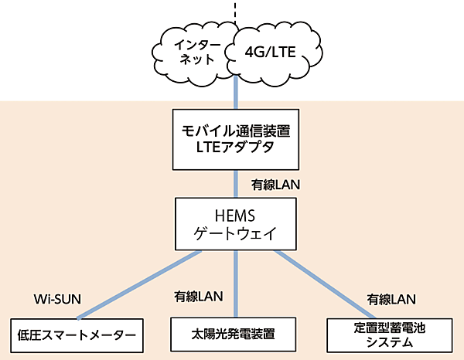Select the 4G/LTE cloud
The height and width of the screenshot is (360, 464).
pyautogui.click(x=271, y=53)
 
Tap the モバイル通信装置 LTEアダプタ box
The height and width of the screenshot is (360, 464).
pyautogui.click(x=234, y=139)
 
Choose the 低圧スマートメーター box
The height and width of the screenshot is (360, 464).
pyautogui.click(x=77, y=335)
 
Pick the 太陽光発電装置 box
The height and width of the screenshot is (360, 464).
pyautogui.click(x=234, y=335)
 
